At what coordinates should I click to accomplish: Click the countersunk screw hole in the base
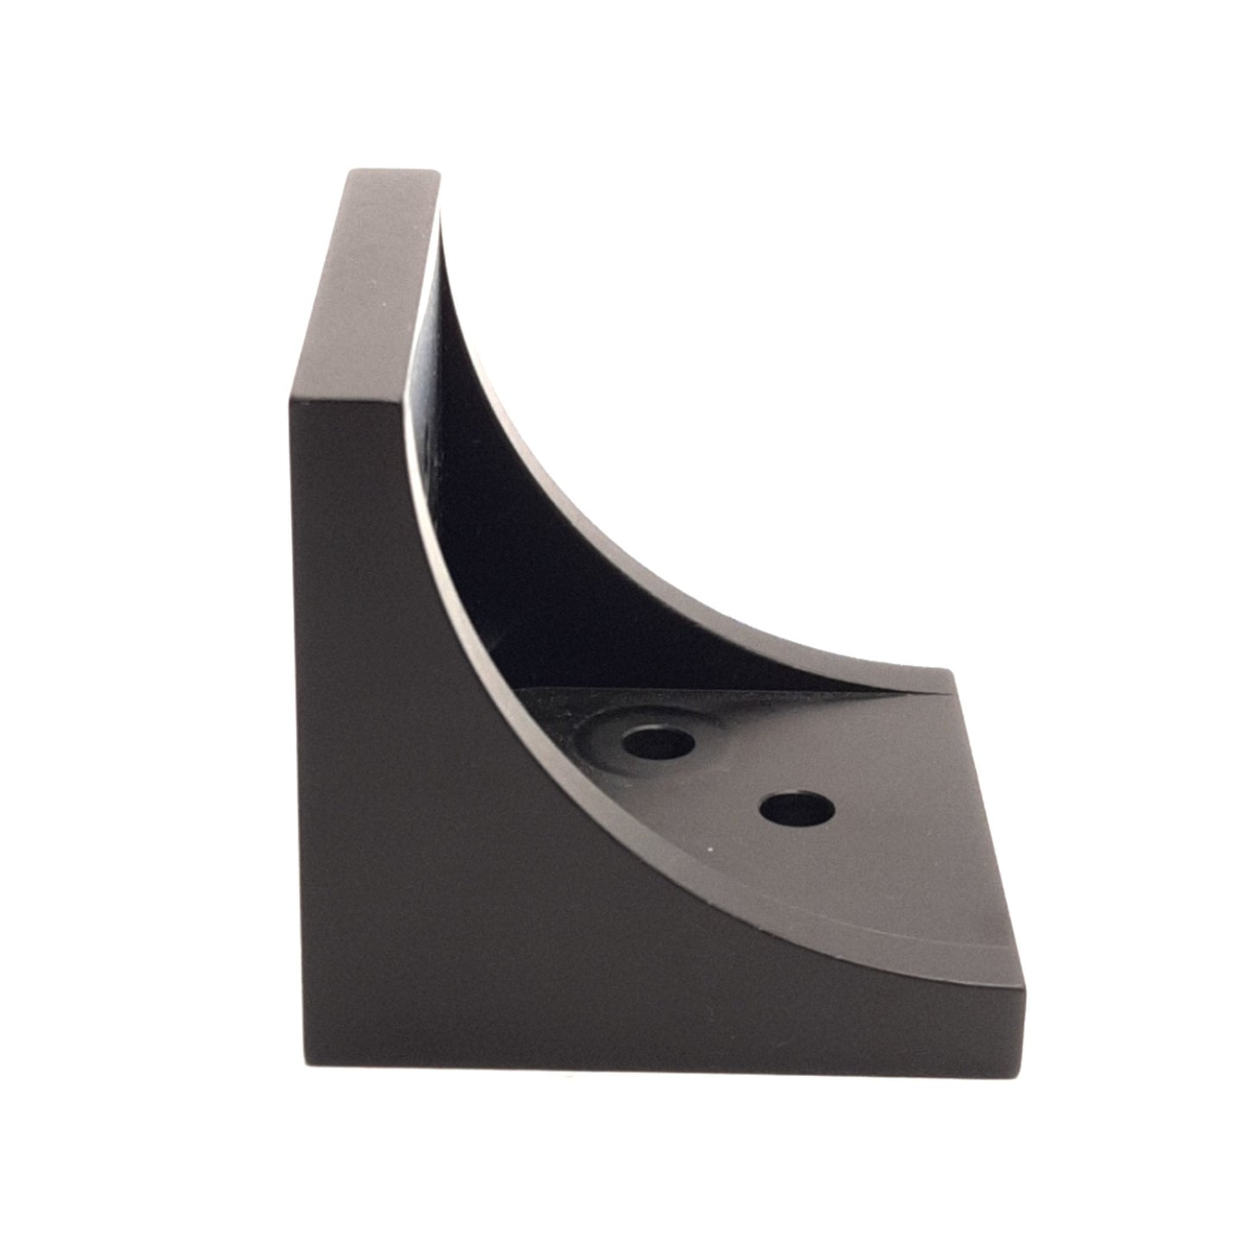pyautogui.click(x=656, y=741)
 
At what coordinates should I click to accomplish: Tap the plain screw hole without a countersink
pyautogui.click(x=797, y=809)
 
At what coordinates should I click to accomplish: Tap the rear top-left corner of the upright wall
pyautogui.click(x=351, y=171)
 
